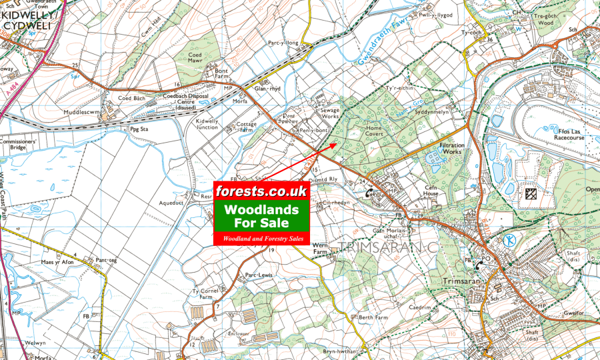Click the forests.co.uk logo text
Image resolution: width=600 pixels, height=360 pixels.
[x=261, y=191]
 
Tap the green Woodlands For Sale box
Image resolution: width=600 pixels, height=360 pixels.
[x=261, y=216]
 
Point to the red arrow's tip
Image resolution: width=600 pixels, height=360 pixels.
[x=338, y=142]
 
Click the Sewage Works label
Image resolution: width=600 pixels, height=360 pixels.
[x=331, y=113]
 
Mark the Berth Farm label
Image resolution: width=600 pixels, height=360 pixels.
[x=373, y=318]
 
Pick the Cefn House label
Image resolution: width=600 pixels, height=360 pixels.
[x=435, y=191]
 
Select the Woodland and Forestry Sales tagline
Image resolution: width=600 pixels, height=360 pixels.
[x=261, y=238]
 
